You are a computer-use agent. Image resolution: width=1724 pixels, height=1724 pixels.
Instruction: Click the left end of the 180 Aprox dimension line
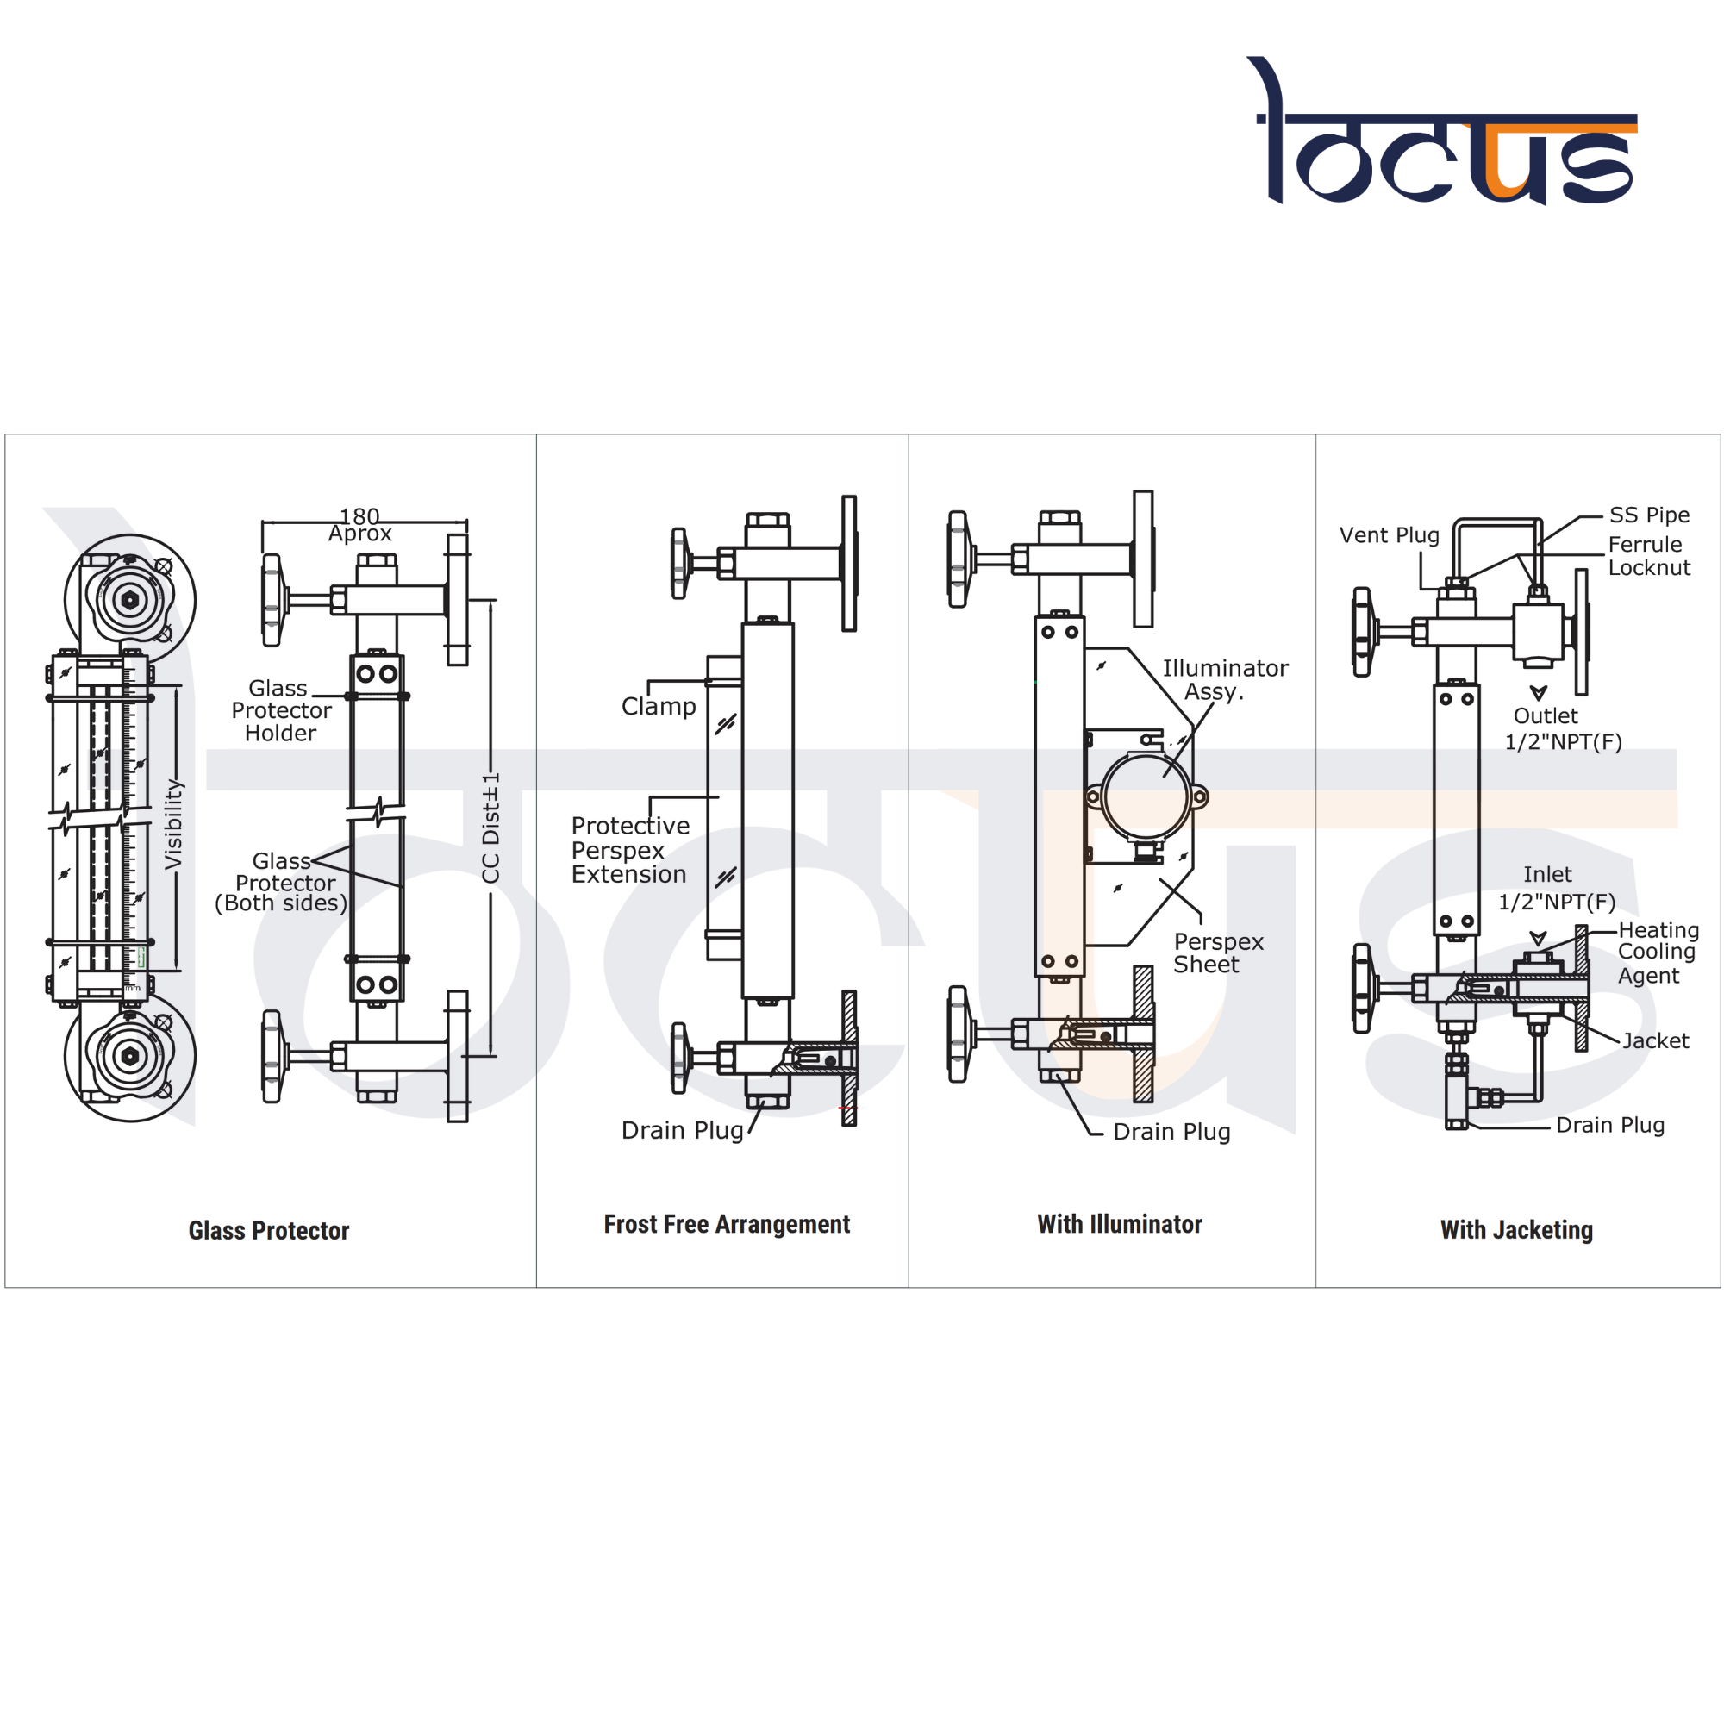click(262, 522)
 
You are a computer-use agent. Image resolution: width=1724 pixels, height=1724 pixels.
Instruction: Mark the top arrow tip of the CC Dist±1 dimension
click(490, 601)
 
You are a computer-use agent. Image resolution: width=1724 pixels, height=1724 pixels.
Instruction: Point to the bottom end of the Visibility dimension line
click(176, 970)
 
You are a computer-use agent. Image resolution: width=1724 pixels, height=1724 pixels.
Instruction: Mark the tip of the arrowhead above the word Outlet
click(1539, 700)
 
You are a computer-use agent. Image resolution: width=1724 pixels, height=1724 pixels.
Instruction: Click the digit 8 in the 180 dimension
click(359, 515)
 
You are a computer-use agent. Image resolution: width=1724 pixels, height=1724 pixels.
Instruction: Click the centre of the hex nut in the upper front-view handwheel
click(130, 600)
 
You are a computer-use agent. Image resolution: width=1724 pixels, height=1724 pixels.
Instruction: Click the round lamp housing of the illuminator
click(1146, 796)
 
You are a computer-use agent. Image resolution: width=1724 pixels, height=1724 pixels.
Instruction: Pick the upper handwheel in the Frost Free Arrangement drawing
click(680, 563)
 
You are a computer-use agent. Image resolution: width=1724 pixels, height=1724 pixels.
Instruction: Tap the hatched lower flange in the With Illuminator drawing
click(1143, 1034)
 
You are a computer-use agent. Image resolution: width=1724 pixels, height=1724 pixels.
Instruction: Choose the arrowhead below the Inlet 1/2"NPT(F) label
click(1539, 938)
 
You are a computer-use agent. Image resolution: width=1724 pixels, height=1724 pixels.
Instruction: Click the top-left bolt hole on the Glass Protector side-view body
click(365, 674)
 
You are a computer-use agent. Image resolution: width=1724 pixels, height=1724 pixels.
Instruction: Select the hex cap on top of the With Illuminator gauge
click(1060, 518)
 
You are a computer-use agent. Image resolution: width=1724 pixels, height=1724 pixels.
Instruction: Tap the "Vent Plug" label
click(1390, 535)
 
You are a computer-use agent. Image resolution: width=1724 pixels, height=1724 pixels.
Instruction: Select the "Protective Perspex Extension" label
click(630, 850)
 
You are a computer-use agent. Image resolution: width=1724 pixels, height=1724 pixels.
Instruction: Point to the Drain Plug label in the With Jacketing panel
click(1609, 1125)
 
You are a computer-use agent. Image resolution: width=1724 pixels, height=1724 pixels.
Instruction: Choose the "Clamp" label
click(659, 707)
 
